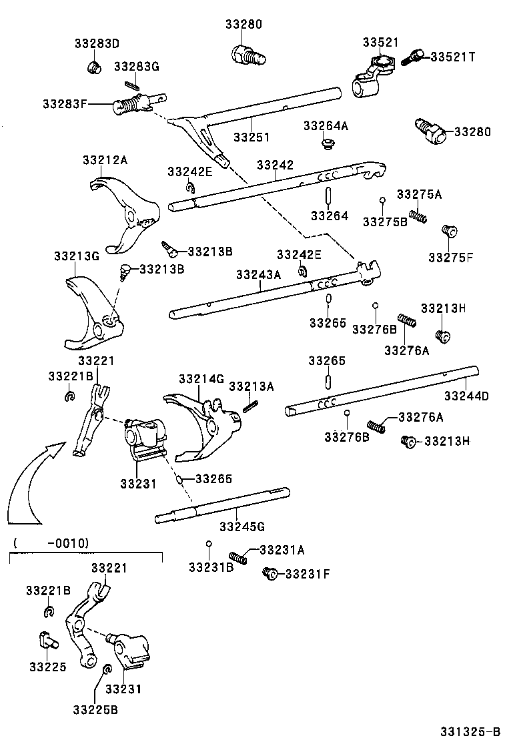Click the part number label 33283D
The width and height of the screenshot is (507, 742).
pos(96,44)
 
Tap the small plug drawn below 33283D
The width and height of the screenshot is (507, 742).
pos(95,67)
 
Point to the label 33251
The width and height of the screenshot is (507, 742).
pos(251,137)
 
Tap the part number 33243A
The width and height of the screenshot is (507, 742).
pos(258,274)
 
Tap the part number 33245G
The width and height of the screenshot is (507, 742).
pos(241,526)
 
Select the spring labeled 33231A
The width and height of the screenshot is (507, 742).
pos(238,557)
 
